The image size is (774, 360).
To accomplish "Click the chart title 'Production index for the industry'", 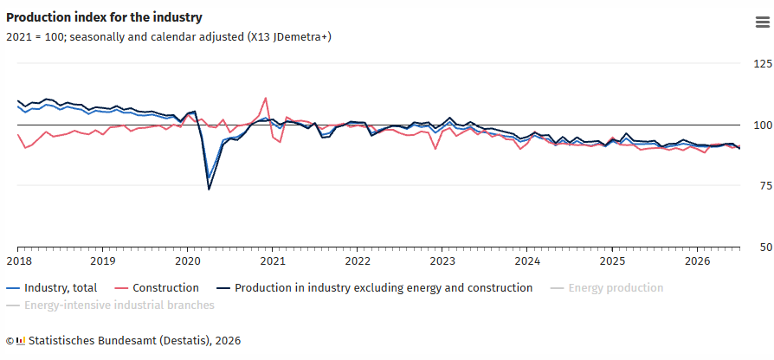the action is (x=104, y=17).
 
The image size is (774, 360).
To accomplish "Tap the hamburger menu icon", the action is (x=762, y=22).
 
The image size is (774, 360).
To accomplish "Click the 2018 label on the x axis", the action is (x=17, y=260).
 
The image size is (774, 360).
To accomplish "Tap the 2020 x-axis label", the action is (x=187, y=260).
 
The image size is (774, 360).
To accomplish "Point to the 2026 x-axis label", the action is (x=697, y=260).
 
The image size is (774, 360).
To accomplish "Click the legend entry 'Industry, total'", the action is (x=52, y=288).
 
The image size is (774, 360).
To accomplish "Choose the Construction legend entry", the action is (x=157, y=288).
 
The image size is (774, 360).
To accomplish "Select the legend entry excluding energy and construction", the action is (x=375, y=288).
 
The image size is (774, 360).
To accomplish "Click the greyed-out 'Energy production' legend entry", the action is (x=607, y=288).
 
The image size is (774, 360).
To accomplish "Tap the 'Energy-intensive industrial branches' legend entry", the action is (x=110, y=305).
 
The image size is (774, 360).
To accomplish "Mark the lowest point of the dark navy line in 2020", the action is (x=209, y=190).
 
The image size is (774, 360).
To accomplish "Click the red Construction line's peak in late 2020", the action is (x=266, y=98).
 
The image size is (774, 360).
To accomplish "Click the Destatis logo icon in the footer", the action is (x=21, y=341).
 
